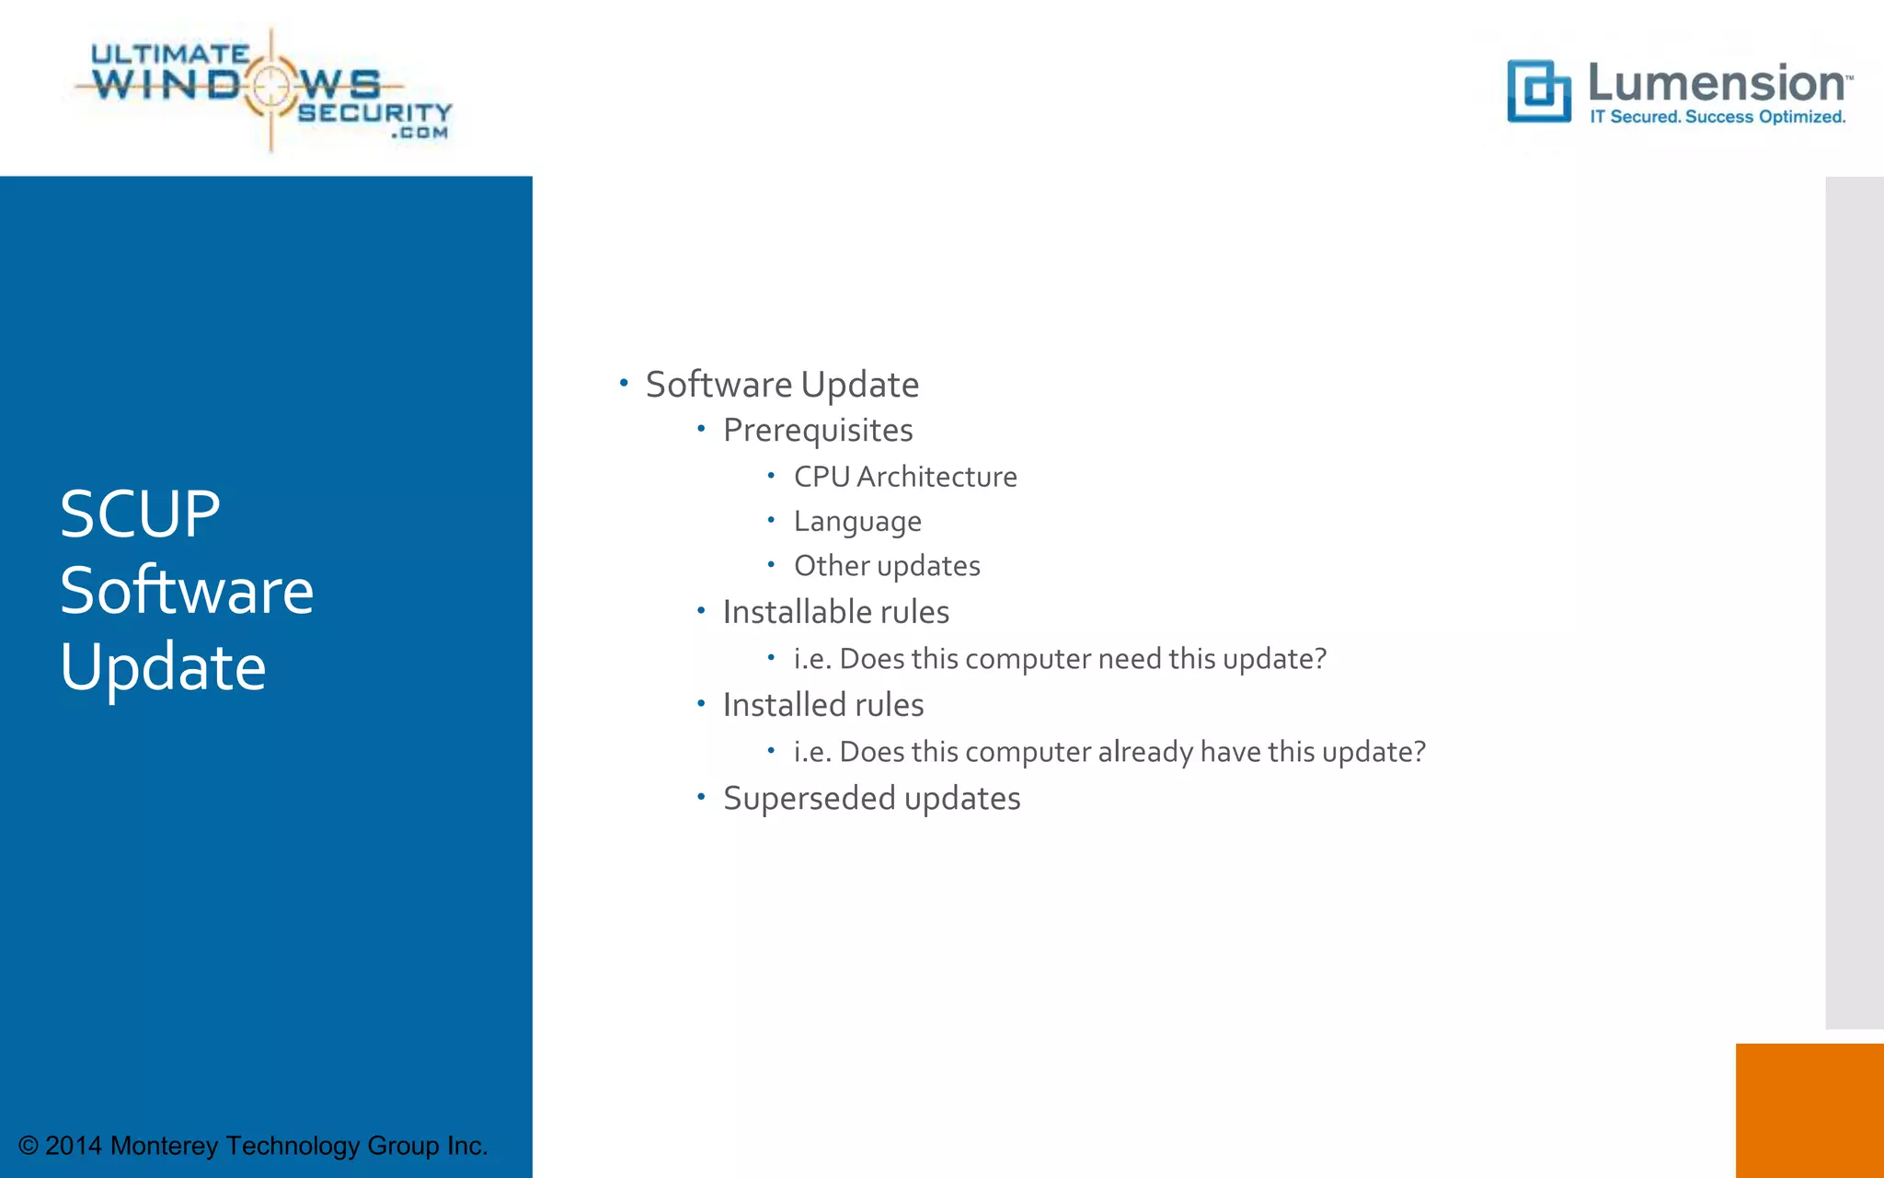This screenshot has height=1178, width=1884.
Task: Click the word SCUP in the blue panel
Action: (x=140, y=514)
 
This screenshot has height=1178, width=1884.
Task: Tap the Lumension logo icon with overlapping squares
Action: (x=1538, y=91)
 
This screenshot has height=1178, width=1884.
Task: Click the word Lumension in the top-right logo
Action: (x=1717, y=84)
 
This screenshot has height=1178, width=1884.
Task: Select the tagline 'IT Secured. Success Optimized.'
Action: (x=1717, y=117)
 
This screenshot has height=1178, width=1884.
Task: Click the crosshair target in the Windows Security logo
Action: (x=270, y=86)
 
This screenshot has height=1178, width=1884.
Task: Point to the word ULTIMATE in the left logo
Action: (x=170, y=54)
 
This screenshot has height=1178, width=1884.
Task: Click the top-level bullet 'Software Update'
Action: (x=782, y=385)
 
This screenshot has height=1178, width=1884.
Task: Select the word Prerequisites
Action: (x=818, y=431)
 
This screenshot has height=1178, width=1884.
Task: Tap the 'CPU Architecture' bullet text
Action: (x=905, y=477)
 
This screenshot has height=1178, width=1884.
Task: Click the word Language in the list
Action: (x=857, y=522)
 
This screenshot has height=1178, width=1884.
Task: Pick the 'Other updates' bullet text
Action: (x=887, y=566)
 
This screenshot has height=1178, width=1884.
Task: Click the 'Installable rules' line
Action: (x=835, y=612)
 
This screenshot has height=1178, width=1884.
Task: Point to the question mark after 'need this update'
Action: (x=1321, y=659)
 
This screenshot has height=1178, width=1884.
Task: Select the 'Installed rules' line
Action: (x=823, y=705)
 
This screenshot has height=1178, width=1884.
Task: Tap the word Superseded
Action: (x=810, y=799)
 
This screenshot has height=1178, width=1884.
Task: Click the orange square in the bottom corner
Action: (x=1809, y=1110)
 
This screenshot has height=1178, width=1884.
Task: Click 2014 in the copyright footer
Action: (x=74, y=1146)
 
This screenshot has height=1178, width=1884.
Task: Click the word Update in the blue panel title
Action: (x=163, y=667)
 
